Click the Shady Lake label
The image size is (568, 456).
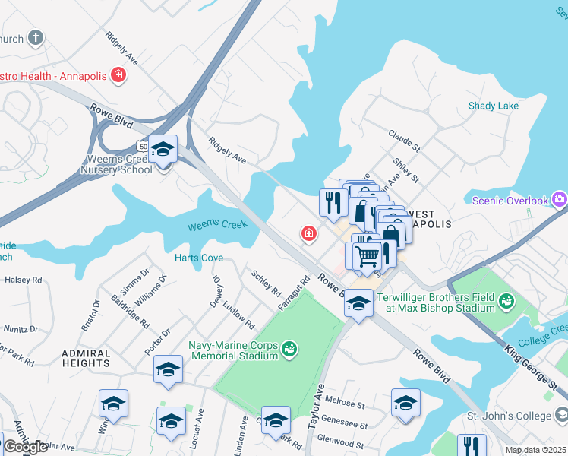(494, 106)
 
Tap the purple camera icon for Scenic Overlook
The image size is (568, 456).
(560, 200)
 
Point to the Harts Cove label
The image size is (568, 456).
(199, 258)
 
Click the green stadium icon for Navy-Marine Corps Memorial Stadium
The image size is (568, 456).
(289, 350)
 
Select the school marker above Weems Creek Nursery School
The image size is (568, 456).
(163, 149)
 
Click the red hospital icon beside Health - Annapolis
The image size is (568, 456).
(118, 74)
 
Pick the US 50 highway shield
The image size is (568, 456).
(142, 144)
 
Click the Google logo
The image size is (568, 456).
(25, 448)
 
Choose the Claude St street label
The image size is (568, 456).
(404, 140)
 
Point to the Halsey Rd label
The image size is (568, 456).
(24, 280)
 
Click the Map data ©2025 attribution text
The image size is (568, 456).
(535, 450)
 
